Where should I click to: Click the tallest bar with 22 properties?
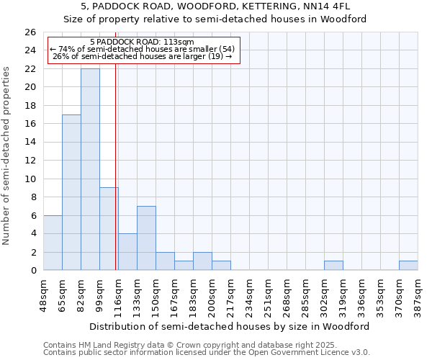coord(90,169)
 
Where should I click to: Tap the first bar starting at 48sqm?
coord(53,243)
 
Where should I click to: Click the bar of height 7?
coord(146,238)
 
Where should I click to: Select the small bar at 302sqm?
coord(333,266)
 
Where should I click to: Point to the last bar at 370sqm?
coord(408,266)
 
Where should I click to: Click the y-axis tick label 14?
coord(30,143)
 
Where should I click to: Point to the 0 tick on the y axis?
coord(32,271)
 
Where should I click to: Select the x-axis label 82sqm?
coord(81,293)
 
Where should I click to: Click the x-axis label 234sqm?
coord(250,293)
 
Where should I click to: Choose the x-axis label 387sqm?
coord(418,293)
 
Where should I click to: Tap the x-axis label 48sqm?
coord(44,293)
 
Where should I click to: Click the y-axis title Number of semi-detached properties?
coord(6,156)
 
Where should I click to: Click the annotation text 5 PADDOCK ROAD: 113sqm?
coord(142,42)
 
